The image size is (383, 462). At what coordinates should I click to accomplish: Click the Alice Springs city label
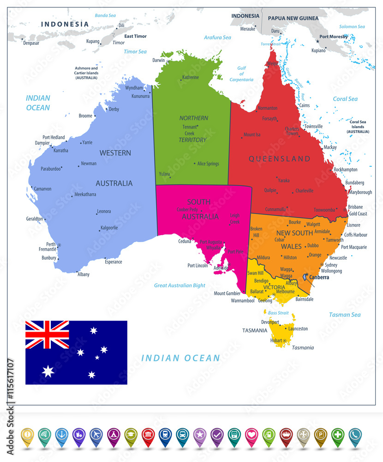208,164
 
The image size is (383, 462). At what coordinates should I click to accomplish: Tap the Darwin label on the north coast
158,60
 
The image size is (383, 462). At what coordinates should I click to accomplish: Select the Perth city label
51,244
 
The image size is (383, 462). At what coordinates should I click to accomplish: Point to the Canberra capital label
319,277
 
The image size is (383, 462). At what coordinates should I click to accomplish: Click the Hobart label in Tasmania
276,340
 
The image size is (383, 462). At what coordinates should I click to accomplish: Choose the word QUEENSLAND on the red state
279,158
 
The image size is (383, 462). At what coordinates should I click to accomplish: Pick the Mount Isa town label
252,135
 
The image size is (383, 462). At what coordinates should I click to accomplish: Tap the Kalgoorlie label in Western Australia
109,228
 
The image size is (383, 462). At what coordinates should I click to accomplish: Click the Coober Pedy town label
187,210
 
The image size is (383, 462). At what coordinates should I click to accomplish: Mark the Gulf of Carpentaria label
242,74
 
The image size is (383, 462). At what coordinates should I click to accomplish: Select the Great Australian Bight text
180,285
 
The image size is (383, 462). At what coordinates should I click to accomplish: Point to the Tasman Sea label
345,315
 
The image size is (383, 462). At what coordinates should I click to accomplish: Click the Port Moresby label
334,36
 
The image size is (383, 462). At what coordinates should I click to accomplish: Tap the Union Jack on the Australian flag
47,334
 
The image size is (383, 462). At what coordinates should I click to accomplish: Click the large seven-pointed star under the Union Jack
48,371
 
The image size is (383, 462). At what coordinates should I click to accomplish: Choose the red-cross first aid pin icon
338,434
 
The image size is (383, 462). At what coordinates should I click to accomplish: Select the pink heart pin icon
251,434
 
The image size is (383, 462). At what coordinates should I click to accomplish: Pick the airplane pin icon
96,434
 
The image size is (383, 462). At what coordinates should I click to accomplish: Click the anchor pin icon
62,434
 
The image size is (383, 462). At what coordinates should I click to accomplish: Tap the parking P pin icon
320,434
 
